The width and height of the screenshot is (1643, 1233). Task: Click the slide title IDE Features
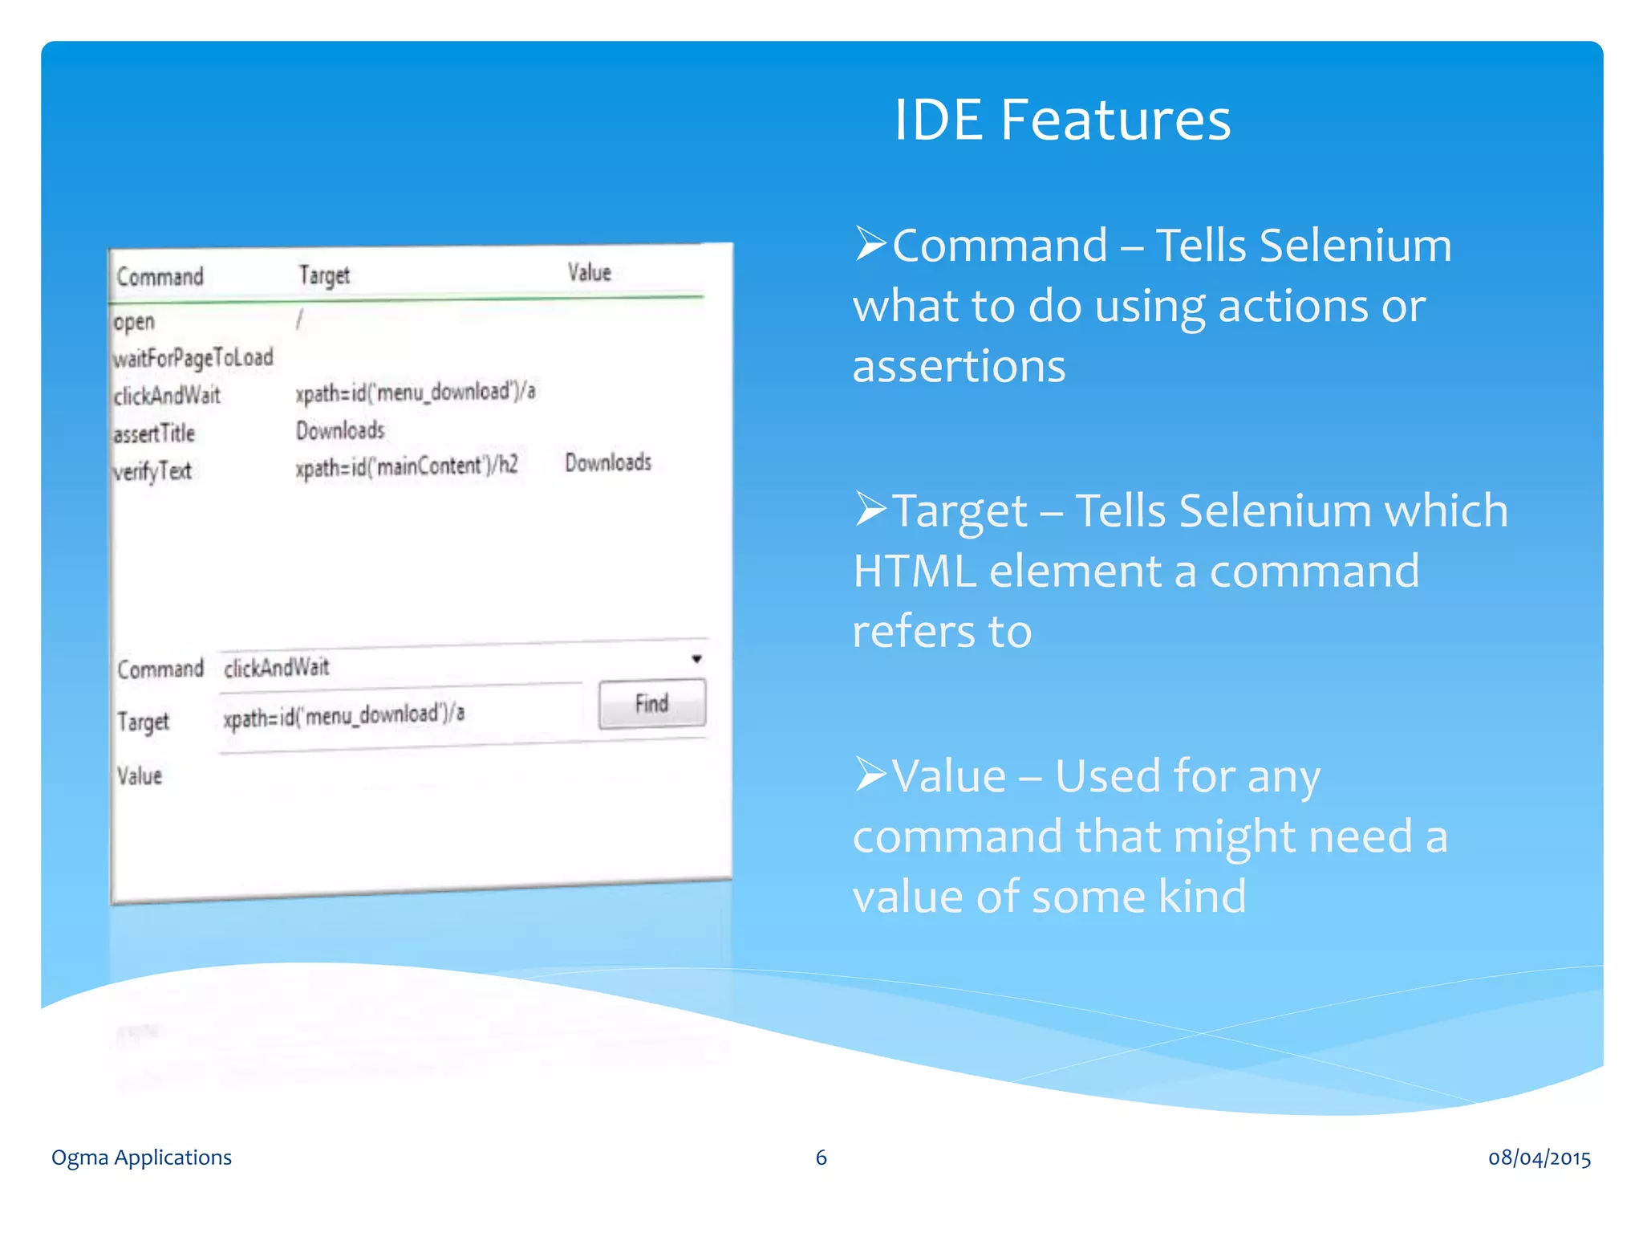(1061, 120)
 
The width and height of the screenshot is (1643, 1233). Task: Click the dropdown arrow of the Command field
(696, 659)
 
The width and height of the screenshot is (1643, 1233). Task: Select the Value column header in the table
(590, 273)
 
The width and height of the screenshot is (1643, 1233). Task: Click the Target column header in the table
(324, 275)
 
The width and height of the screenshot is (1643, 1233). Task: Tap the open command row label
(134, 322)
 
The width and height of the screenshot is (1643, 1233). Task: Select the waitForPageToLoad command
(193, 357)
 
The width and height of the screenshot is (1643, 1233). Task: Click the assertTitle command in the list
(154, 434)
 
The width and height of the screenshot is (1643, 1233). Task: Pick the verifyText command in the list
(152, 471)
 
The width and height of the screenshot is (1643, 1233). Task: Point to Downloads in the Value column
(607, 462)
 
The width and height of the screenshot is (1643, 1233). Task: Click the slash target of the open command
(299, 320)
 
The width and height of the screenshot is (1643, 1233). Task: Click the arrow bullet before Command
(870, 244)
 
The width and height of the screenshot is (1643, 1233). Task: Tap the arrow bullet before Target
(870, 509)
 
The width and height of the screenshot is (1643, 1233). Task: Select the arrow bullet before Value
(870, 775)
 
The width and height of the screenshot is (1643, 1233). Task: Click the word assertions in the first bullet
(959, 367)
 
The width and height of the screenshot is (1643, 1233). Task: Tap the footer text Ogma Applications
(141, 1158)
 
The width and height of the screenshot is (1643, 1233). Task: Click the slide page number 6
(821, 1158)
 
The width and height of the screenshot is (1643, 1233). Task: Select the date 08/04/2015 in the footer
(1539, 1158)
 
